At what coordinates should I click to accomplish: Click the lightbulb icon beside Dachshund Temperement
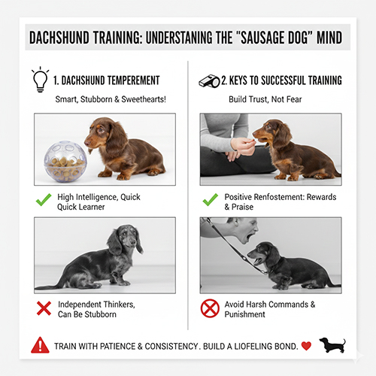click(x=38, y=77)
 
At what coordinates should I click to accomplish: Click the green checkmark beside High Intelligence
click(x=44, y=201)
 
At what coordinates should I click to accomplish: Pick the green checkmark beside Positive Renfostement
click(x=210, y=201)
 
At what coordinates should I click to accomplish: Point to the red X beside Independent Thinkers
click(x=44, y=308)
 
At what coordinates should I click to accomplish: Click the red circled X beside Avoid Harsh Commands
click(x=210, y=308)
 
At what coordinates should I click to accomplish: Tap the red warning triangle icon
click(x=40, y=346)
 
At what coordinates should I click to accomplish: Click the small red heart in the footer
click(x=306, y=346)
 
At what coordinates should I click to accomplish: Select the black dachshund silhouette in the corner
click(x=332, y=345)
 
